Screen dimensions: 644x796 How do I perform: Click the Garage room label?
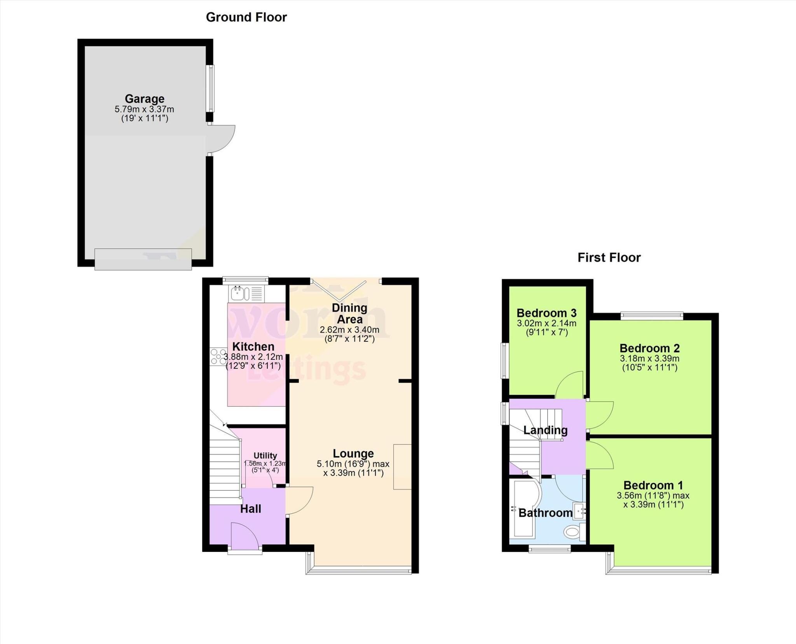click(144, 99)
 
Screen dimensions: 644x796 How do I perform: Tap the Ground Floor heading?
click(246, 17)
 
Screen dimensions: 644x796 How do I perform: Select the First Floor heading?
click(609, 257)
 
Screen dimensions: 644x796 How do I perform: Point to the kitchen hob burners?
click(218, 357)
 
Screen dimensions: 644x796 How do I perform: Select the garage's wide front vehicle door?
click(143, 259)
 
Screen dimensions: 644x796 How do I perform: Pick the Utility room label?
click(265, 455)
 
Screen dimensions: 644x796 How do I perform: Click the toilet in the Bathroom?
click(572, 532)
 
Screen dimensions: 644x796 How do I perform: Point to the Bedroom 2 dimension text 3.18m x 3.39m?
click(649, 359)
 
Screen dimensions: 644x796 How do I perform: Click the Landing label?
click(545, 430)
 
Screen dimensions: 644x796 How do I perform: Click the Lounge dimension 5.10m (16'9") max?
click(353, 464)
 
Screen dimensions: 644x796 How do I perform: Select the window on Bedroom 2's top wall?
click(652, 316)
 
